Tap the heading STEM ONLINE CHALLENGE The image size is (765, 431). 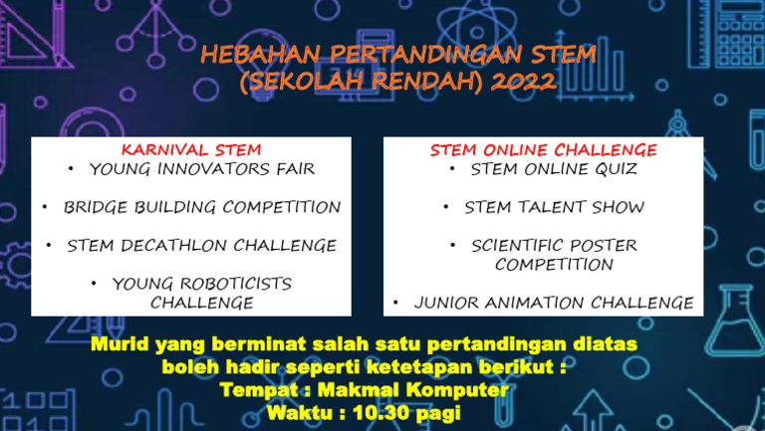coord(544,150)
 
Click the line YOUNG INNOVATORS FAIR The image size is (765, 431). coord(202,169)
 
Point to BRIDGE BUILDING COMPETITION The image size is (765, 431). coord(202,207)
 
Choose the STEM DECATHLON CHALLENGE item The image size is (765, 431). coord(202,245)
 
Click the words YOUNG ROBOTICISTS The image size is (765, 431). coord(202,284)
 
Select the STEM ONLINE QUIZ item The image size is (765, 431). coord(554,169)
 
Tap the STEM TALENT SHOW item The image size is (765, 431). coord(554,207)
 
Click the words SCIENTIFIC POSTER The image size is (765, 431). coord(554,245)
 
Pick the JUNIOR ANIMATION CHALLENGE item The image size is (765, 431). coord(554,303)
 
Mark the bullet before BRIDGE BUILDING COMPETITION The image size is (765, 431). coord(46,207)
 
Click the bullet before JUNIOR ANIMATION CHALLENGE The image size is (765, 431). coord(396,303)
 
